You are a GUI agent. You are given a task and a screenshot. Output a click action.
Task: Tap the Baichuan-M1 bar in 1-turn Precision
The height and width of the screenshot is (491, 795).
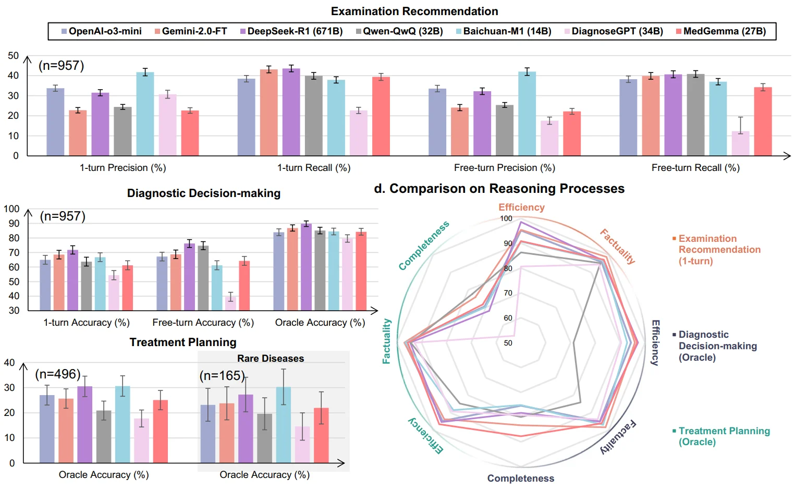point(145,114)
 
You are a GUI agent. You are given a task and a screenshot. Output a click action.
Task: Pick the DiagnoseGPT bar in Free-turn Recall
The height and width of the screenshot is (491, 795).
point(740,143)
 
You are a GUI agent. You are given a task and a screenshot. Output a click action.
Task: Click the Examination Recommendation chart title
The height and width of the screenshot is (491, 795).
point(414,11)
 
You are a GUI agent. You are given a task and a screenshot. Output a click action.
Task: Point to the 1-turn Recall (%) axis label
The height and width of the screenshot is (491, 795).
point(313,168)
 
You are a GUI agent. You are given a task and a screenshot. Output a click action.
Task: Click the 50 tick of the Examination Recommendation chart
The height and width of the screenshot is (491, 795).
point(14,56)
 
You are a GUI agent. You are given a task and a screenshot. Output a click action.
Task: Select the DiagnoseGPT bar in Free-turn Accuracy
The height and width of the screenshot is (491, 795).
point(230,303)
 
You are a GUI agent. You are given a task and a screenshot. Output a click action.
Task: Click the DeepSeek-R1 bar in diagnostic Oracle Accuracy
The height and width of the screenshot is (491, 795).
point(306,267)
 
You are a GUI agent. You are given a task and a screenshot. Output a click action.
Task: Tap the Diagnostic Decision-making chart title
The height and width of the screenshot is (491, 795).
point(204,193)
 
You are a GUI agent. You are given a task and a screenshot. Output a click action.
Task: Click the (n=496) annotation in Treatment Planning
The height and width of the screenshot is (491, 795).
point(57,374)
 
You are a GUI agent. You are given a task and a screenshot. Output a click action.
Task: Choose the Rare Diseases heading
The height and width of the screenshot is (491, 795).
point(271,359)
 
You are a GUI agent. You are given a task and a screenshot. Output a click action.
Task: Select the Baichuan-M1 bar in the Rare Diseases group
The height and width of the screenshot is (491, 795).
point(284,425)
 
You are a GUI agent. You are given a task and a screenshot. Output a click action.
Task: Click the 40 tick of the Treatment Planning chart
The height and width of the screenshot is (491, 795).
point(9,363)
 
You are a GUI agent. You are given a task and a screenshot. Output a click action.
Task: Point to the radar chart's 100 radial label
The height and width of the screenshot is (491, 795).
point(506,218)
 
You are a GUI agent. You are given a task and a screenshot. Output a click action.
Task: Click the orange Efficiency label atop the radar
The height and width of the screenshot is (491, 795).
point(521,207)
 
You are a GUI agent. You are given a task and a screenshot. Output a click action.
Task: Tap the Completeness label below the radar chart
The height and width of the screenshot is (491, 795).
point(521,478)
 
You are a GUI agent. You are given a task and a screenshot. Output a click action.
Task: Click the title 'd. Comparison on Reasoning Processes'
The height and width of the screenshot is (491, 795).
point(499,189)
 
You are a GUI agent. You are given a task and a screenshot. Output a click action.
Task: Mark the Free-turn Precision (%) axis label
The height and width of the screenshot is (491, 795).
point(504,168)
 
